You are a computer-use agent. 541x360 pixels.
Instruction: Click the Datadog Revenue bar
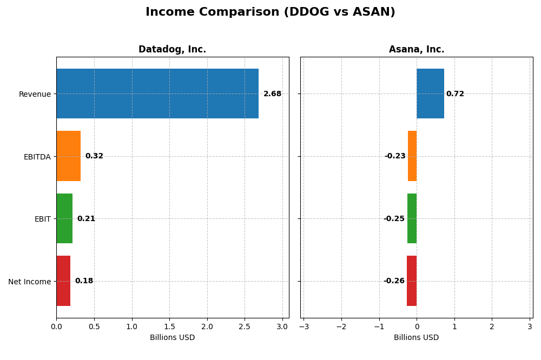(157, 94)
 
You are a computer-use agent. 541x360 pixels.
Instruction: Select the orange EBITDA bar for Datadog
(68, 156)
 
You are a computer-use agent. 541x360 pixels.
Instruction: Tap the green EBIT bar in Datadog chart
(64, 218)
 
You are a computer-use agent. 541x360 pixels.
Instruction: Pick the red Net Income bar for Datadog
(63, 281)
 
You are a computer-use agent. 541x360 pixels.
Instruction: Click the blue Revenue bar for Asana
(430, 94)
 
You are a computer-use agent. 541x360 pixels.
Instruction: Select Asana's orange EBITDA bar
(412, 156)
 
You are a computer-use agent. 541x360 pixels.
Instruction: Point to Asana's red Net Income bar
(412, 281)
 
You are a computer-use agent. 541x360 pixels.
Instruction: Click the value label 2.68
(272, 94)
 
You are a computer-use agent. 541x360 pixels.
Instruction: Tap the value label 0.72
(455, 94)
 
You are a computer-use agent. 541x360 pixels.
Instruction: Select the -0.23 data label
(395, 156)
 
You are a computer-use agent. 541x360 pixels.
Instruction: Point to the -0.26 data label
(394, 281)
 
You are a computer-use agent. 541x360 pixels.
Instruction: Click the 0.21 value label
(86, 219)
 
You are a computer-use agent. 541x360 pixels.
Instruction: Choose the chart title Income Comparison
(270, 12)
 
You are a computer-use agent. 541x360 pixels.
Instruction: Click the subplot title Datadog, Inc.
(172, 50)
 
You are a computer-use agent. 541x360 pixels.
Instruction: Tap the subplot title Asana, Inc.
(417, 50)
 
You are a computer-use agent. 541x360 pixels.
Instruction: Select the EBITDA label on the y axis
(37, 157)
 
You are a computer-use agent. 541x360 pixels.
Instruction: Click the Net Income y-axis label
(29, 282)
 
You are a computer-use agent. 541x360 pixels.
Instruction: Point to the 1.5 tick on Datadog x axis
(169, 326)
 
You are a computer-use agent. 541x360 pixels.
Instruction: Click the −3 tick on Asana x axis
(304, 326)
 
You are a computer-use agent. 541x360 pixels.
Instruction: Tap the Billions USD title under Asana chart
(416, 338)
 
